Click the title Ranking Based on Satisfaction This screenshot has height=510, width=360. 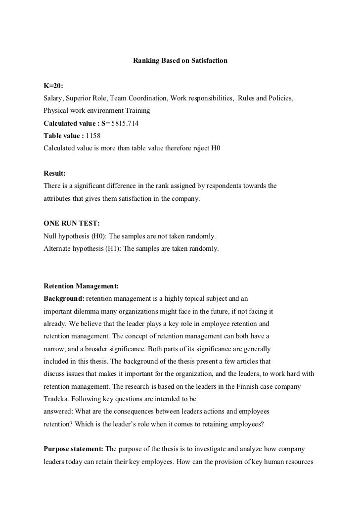point(180,61)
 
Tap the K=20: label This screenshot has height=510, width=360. point(53,87)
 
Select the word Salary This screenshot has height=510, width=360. point(53,98)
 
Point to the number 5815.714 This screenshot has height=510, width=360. point(124,123)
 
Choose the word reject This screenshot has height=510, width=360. point(198,147)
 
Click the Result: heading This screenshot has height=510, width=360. point(54,174)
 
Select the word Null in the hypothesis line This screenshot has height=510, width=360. point(50,236)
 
